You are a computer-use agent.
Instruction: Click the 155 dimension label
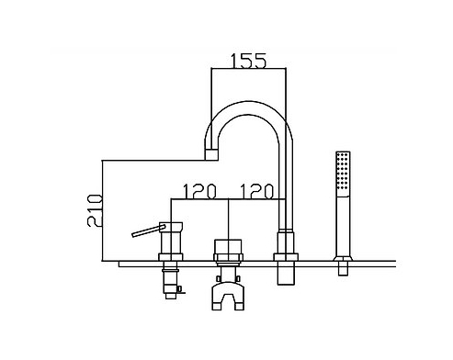248,61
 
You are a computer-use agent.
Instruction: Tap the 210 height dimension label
95,210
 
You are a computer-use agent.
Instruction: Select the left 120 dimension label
199,191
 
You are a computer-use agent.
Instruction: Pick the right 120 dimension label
256,191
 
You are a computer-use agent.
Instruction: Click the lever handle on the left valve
149,231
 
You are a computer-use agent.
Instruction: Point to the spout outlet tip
211,154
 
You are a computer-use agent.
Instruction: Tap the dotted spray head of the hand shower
343,174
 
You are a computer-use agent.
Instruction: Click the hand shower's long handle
343,226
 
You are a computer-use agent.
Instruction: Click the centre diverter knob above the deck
228,247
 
